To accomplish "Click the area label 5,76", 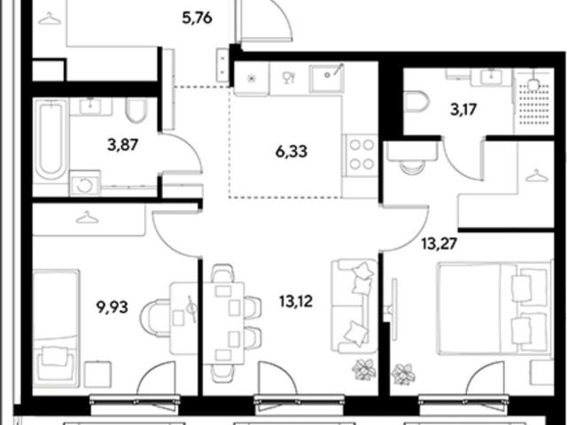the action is (x=197, y=18).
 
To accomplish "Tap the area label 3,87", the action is (x=123, y=145).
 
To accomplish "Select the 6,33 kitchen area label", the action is (x=291, y=151).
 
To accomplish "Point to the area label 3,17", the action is (x=463, y=109).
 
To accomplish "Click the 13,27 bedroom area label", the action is (x=439, y=243).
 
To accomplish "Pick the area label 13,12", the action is (x=296, y=301).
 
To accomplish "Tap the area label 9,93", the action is (x=113, y=307).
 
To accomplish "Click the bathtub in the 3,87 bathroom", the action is (x=50, y=140).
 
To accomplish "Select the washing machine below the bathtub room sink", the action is (x=85, y=183).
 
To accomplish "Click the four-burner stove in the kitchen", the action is (x=361, y=154).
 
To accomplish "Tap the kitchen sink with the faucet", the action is (x=326, y=78).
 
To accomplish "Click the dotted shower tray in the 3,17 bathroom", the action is (x=534, y=104).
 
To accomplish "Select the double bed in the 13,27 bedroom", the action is (x=494, y=308).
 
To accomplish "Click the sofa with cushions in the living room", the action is (x=354, y=305).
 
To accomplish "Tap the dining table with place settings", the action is (x=223, y=318).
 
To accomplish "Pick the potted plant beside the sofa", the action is (x=364, y=369).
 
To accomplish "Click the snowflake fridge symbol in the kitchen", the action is (x=252, y=78).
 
